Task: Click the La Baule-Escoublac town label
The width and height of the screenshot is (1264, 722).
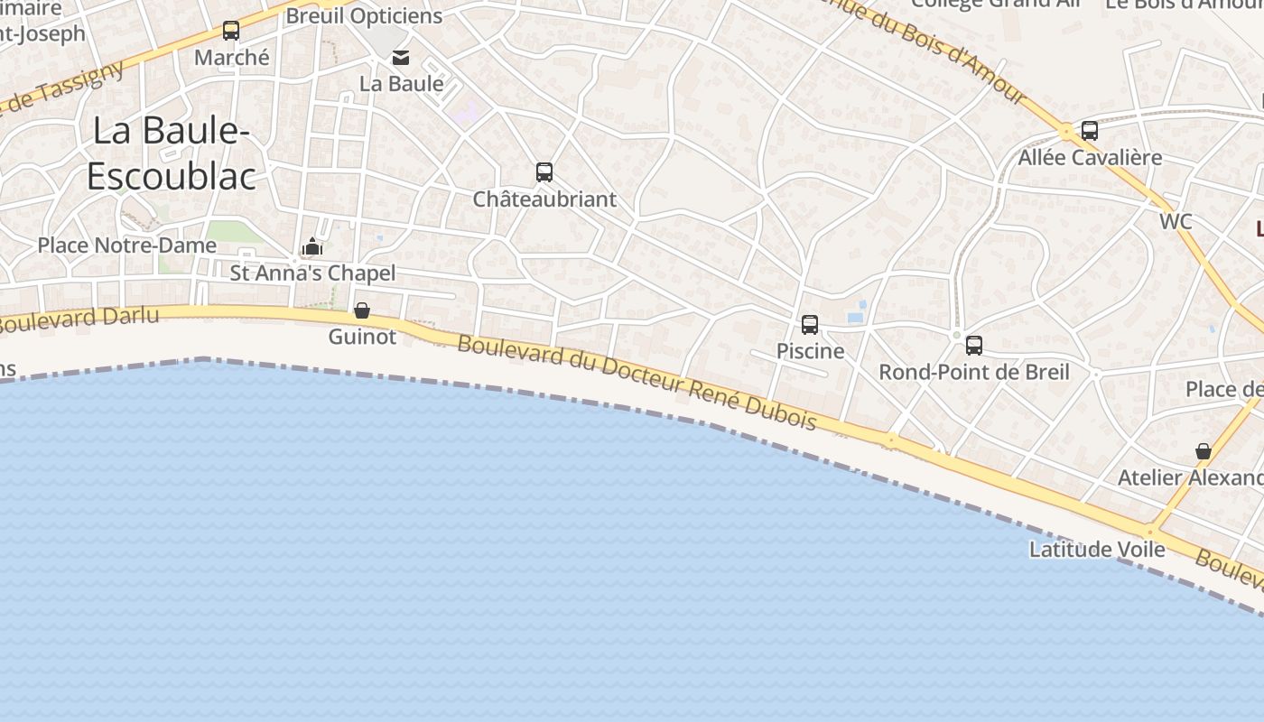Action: (x=171, y=153)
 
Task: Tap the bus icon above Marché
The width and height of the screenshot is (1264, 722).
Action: (x=231, y=31)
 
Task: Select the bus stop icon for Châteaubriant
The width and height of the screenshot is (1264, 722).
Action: (x=544, y=171)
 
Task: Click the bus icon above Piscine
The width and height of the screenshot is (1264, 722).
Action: (x=810, y=324)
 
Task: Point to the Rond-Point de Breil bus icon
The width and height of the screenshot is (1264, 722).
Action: (x=974, y=345)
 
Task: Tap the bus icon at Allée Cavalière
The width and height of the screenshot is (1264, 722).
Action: (x=1090, y=130)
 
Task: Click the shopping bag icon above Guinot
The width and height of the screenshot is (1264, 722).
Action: (x=362, y=310)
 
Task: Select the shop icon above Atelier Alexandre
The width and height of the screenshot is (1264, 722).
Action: (x=1203, y=450)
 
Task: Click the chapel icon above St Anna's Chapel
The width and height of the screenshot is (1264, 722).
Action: (x=312, y=246)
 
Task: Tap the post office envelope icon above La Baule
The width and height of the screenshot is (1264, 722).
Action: (x=401, y=58)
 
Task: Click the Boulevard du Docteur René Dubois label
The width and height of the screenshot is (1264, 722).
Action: (x=637, y=382)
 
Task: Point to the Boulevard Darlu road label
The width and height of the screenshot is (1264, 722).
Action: (x=81, y=319)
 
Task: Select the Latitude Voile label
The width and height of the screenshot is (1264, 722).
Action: (x=1097, y=549)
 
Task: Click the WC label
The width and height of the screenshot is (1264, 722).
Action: (x=1176, y=221)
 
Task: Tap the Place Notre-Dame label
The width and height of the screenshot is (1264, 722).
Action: (x=127, y=245)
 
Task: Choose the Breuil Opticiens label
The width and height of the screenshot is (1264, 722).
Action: (x=364, y=16)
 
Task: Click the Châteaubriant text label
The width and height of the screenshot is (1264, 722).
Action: (x=544, y=199)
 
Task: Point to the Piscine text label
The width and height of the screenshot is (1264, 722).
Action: (x=811, y=351)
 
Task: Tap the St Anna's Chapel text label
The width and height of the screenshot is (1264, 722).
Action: (x=312, y=273)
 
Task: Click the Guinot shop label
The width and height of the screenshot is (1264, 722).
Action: (x=362, y=337)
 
